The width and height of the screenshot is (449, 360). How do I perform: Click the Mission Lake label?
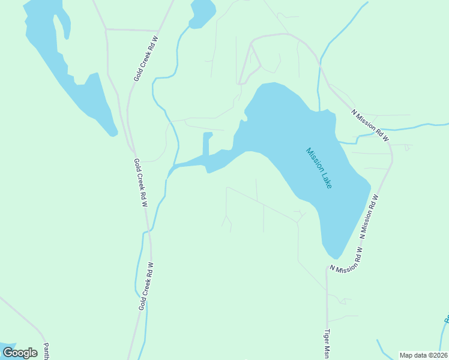coord(319,168)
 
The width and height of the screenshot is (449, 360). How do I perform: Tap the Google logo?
coord(20,352)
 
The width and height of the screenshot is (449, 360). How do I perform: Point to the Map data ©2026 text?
coord(423,355)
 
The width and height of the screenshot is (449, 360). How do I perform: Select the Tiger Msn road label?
coord(328,344)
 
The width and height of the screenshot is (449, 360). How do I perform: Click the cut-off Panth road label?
coord(46,351)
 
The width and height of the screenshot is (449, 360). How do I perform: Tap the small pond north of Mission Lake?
coord(202,12)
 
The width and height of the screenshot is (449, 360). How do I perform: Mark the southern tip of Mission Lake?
coord(333,257)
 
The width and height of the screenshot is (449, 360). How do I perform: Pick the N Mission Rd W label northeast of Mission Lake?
coord(370,125)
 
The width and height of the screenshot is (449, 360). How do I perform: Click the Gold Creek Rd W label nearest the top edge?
coord(145,58)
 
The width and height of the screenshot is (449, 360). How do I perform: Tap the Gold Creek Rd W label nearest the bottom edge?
coord(146,286)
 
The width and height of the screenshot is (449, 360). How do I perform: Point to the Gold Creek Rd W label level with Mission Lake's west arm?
coord(140,182)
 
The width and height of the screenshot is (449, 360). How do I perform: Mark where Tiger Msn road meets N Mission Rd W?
coord(327,268)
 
